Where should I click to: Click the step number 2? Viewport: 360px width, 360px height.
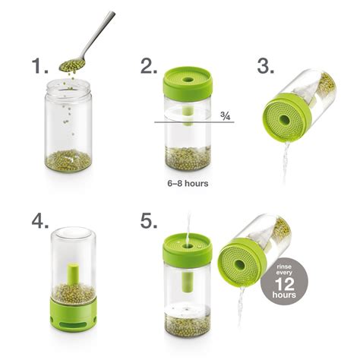149,67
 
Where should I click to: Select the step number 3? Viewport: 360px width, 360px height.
266,67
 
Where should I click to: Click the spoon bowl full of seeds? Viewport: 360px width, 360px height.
72,65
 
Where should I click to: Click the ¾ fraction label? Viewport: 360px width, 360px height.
225,115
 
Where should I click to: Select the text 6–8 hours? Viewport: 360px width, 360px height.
188,183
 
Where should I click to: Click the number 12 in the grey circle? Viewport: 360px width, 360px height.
285,284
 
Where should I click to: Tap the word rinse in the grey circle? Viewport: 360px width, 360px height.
284,267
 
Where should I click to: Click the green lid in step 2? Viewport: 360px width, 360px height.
188,83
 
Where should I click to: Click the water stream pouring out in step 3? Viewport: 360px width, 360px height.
286,162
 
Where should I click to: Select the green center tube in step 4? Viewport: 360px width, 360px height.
73,276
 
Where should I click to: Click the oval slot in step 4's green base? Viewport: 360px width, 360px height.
73,324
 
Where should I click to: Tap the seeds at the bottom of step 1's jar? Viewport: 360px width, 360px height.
68,160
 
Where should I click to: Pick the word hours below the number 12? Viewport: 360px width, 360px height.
284,295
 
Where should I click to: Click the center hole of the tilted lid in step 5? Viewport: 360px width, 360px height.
239,264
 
